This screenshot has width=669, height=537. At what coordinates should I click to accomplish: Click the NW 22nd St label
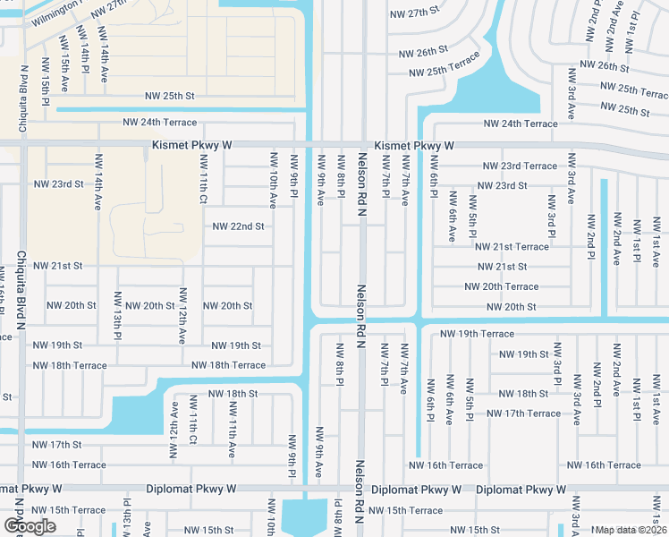[x=238, y=226]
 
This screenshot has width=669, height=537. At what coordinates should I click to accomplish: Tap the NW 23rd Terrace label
[x=520, y=166]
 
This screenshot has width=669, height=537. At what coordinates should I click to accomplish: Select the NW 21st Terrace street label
[x=512, y=246]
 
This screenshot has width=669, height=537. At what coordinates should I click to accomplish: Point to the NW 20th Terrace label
[x=501, y=286]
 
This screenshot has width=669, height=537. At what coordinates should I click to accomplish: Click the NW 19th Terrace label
[x=477, y=334]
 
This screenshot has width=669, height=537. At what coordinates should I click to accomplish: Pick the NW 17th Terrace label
[x=523, y=413]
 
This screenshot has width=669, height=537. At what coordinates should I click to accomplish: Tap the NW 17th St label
[x=58, y=445]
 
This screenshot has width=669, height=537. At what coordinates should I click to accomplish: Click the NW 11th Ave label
[x=232, y=427]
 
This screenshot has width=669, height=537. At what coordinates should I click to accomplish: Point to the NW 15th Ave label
[x=64, y=63]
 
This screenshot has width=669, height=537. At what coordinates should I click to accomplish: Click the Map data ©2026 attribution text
[x=630, y=530]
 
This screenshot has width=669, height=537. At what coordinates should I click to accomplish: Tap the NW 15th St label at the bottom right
[x=474, y=530]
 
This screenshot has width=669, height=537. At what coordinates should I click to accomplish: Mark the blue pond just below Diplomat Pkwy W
[x=304, y=517]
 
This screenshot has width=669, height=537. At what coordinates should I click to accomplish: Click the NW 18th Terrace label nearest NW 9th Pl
[x=228, y=365]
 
